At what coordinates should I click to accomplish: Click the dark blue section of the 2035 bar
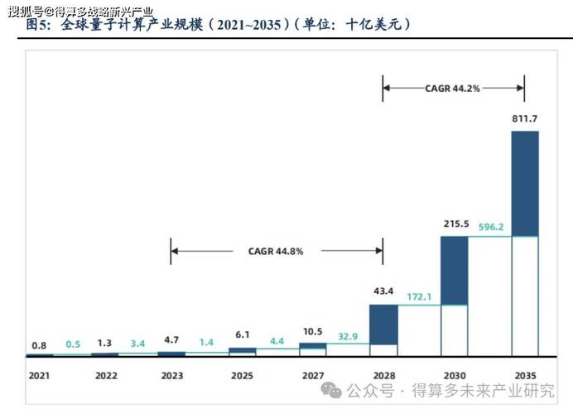[525, 183]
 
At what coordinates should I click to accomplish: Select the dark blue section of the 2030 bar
[454, 270]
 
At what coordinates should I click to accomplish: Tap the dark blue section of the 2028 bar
[383, 324]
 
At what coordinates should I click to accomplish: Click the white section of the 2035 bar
[525, 296]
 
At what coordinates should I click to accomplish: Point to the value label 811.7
[525, 119]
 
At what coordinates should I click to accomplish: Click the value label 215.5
[454, 225]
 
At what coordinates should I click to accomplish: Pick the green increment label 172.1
[419, 295]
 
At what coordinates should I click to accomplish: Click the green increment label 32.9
[348, 337]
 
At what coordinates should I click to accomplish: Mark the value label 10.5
[312, 331]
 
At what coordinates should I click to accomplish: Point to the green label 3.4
[137, 343]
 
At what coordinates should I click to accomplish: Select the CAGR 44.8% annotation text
[276, 251]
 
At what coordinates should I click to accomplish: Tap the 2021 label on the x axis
[39, 375]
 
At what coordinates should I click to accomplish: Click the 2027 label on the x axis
[312, 375]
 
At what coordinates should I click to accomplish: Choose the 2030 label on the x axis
[454, 375]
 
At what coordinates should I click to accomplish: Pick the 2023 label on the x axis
[171, 375]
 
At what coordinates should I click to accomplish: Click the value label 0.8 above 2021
[39, 344]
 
